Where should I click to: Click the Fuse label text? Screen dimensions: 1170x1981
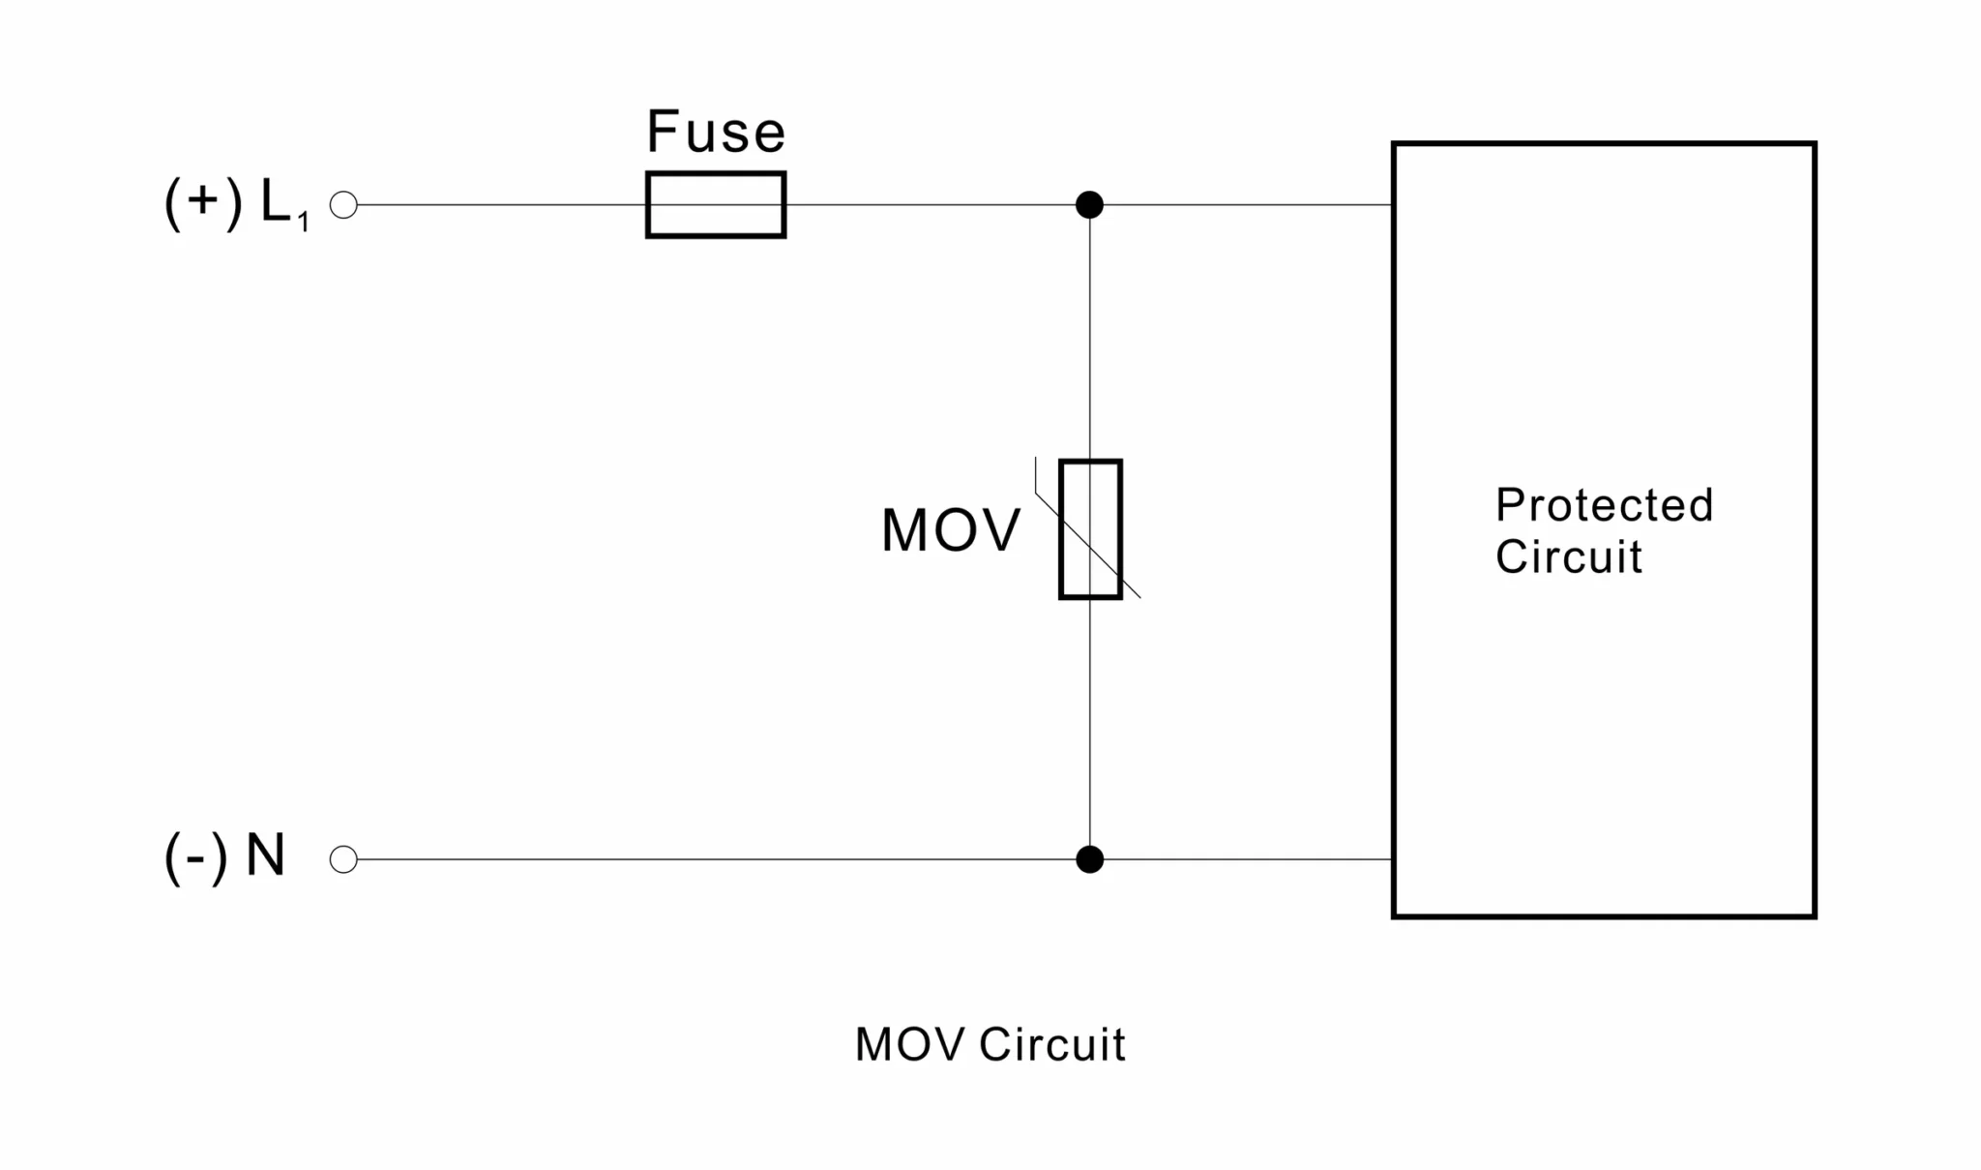716,132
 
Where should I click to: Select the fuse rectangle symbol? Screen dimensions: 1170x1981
716,205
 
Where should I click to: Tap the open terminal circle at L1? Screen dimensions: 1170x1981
343,205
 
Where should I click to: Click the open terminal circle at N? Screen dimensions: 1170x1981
343,859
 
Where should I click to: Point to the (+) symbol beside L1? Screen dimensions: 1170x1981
203,203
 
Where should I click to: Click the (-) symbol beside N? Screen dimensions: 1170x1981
196,857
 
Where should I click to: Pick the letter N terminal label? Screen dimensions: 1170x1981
266,855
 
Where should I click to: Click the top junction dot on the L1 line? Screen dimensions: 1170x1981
1089,205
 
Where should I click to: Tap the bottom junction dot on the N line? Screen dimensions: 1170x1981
1089,859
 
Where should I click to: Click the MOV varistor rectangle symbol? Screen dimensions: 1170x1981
1090,529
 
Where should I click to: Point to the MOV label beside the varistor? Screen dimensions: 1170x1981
951,530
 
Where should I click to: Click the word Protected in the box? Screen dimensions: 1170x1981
1604,505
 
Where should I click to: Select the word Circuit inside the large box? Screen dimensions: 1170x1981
1569,556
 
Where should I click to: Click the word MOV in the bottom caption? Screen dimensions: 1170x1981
910,1045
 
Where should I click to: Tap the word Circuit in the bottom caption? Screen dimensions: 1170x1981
1052,1045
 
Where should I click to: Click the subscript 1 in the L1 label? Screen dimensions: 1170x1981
303,223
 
